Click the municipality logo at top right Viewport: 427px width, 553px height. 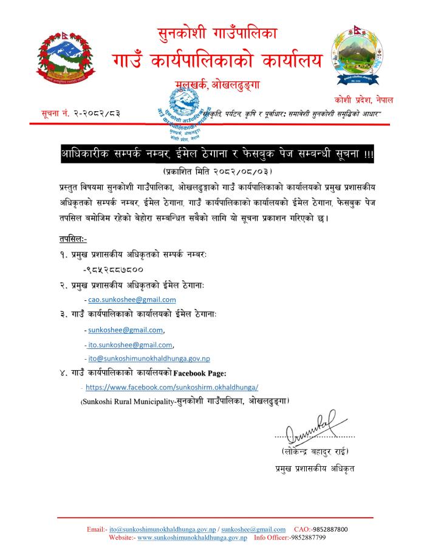pyautogui.click(x=358, y=57)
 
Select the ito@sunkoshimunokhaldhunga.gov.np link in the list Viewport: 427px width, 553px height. pyautogui.click(x=149, y=359)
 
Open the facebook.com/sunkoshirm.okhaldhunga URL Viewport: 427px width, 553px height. pyautogui.click(x=173, y=386)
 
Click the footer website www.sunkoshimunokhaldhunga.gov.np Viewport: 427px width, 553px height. pyautogui.click(x=192, y=538)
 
